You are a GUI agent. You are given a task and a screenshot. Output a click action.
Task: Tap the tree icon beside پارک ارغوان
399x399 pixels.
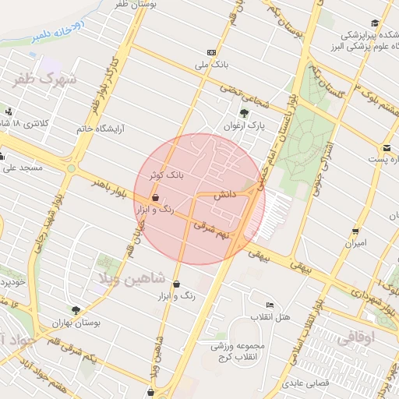click(x=244, y=113)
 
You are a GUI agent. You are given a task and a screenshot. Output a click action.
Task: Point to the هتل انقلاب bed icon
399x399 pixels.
click(x=270, y=304)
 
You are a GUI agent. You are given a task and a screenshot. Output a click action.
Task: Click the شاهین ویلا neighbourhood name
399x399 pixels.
click(x=129, y=277)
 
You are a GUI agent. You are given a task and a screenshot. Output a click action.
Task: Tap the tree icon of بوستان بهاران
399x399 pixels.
click(x=76, y=310)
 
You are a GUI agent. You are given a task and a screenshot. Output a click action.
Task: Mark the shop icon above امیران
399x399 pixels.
click(x=355, y=231)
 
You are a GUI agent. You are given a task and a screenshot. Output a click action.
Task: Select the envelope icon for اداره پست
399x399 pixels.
click(x=386, y=148)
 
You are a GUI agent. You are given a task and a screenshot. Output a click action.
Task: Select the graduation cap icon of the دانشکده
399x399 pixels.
click(x=375, y=23)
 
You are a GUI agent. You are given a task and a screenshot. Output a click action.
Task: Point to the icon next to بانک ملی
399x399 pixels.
click(x=211, y=51)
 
